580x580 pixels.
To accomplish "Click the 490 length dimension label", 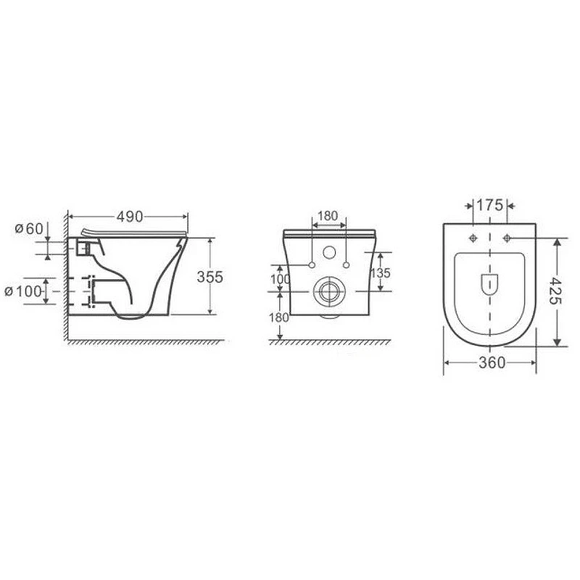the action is (x=130, y=217).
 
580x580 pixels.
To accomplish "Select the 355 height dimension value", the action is (x=210, y=277).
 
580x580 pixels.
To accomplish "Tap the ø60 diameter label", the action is (x=29, y=228).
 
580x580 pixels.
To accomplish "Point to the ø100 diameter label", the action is (x=23, y=291).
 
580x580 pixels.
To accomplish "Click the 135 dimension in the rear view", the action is (x=380, y=273).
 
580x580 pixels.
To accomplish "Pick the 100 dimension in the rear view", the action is (x=280, y=279).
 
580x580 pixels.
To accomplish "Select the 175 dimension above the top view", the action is (x=490, y=205).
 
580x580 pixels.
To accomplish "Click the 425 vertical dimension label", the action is (x=555, y=291).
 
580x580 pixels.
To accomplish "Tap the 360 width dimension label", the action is (x=492, y=363).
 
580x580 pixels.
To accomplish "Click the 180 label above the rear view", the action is (x=328, y=215).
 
